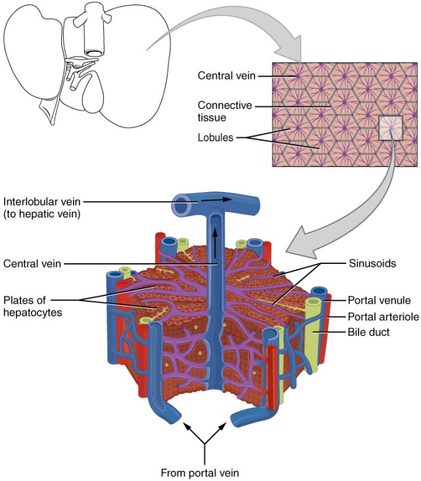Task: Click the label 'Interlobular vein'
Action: [41, 201]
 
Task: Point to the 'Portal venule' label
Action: [378, 300]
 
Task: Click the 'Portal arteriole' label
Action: [382, 316]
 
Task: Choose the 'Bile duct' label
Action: [368, 332]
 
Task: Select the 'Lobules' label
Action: [216, 138]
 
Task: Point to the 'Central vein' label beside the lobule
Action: [33, 264]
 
